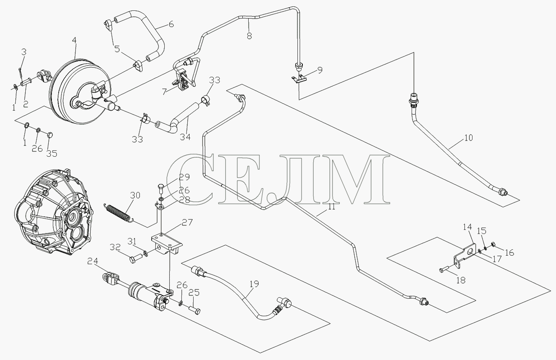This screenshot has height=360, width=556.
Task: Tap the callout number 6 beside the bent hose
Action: point(171,24)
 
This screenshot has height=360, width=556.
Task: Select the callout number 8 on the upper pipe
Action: point(250,36)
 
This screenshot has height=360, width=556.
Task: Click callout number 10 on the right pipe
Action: point(468,138)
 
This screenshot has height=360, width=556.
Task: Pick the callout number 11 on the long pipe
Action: point(332,207)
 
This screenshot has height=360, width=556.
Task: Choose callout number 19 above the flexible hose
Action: point(255,284)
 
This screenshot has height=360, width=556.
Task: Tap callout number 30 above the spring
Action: point(135,196)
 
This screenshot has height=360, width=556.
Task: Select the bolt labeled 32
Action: point(136,258)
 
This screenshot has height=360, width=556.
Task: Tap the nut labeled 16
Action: point(493,244)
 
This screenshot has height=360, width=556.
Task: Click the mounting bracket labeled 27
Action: point(167,244)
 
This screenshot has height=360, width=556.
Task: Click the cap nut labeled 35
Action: point(50,135)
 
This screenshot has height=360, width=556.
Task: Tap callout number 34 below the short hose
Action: point(185,137)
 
